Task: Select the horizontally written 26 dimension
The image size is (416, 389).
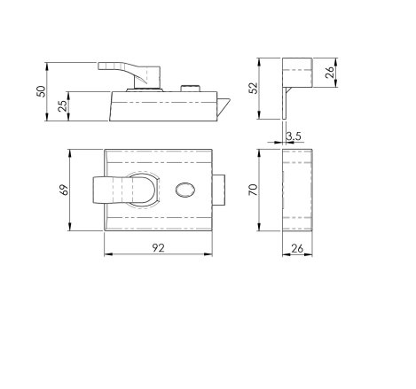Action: pyautogui.click(x=298, y=250)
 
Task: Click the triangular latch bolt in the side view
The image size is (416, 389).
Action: pyautogui.click(x=225, y=106)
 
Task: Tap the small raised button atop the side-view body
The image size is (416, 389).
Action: pyautogui.click(x=188, y=87)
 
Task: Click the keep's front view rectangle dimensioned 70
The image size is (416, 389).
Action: pyautogui.click(x=298, y=191)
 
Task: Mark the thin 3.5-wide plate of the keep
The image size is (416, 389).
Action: pyautogui.click(x=286, y=102)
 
